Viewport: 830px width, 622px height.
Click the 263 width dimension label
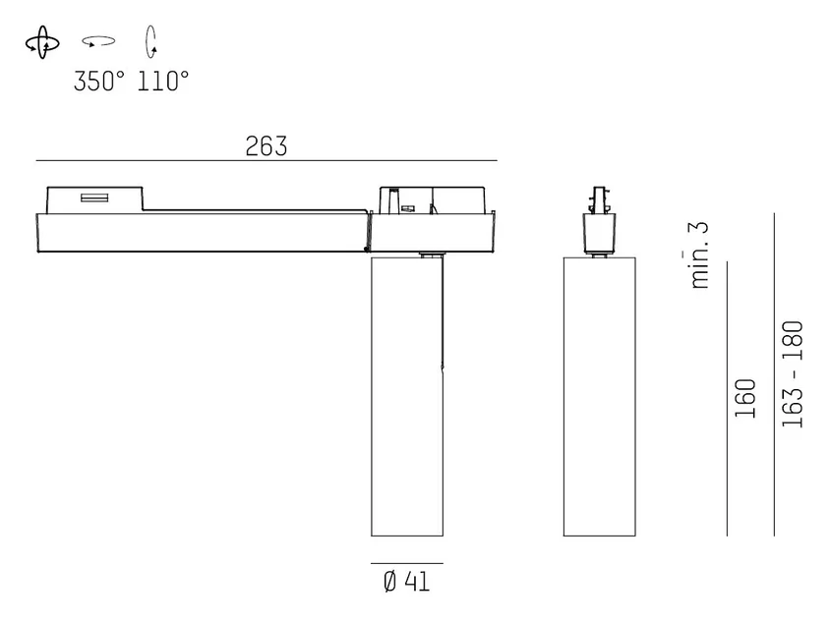(267, 146)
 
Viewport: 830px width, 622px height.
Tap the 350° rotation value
(99, 82)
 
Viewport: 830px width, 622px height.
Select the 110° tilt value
(163, 82)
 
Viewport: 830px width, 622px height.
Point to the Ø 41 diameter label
(406, 582)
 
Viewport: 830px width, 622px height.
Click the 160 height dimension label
(745, 398)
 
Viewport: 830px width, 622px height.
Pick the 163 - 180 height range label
(793, 374)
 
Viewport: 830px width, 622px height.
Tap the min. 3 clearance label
(699, 254)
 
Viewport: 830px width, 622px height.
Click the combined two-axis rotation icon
(42, 43)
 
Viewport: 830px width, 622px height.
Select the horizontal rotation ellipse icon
(98, 41)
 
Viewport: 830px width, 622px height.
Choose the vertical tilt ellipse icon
(150, 41)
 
